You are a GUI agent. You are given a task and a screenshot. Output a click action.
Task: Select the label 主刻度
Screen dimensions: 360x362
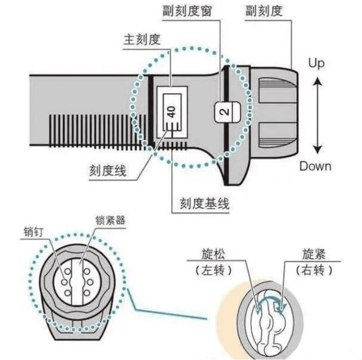click(x=141, y=39)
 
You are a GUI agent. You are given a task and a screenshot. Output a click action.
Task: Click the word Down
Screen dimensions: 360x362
click(x=315, y=166)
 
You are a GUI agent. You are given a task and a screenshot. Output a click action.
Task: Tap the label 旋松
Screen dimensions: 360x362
click(x=213, y=254)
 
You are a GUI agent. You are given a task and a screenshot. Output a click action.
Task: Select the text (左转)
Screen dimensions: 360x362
click(x=213, y=271)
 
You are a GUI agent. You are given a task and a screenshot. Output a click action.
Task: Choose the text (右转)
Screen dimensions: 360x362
click(x=314, y=271)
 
